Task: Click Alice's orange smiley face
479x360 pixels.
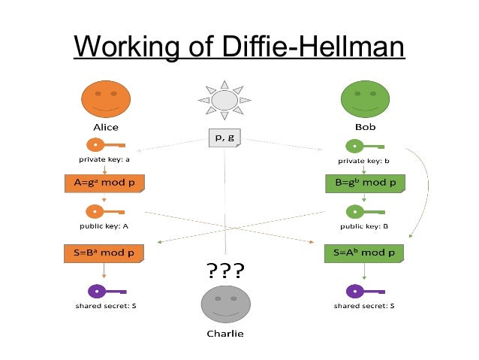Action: click(106, 98)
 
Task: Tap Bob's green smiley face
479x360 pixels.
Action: click(365, 98)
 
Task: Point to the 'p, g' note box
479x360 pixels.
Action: click(225, 138)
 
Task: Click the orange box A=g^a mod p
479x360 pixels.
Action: click(105, 183)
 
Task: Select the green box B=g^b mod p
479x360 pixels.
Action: click(365, 183)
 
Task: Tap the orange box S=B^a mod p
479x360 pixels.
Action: click(105, 253)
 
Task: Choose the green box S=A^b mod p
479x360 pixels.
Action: click(365, 253)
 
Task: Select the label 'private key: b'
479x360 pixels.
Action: click(365, 160)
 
